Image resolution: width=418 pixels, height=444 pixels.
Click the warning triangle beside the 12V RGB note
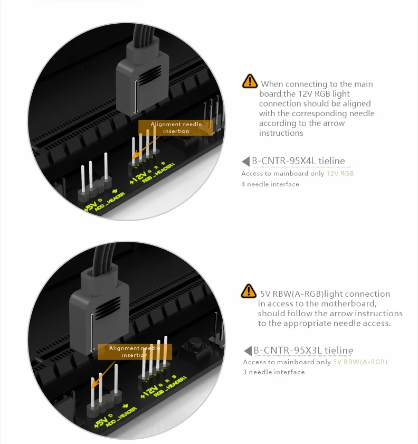[250, 81]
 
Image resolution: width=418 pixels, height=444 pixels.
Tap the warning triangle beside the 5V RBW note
[249, 291]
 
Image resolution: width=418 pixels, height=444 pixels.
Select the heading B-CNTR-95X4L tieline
[298, 161]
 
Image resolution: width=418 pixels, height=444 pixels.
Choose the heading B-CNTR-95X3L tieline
[303, 350]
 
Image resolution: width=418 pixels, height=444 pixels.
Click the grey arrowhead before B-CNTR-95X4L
[246, 161]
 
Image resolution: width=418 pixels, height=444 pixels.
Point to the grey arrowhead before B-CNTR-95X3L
[248, 351]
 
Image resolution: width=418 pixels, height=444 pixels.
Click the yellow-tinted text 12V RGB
[340, 173]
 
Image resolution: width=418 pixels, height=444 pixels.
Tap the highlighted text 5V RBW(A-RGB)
[360, 362]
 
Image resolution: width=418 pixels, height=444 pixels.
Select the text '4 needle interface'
[270, 184]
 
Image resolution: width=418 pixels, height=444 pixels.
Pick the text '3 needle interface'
[274, 372]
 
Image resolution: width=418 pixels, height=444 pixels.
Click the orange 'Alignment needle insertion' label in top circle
[175, 128]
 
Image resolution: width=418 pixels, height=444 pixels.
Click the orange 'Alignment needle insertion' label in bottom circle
[135, 352]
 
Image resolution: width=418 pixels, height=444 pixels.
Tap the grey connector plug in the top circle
[142, 78]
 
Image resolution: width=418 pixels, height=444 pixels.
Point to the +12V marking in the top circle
[138, 177]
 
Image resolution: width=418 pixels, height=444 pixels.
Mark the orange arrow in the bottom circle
[103, 374]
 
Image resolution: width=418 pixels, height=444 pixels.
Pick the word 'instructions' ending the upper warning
[281, 133]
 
